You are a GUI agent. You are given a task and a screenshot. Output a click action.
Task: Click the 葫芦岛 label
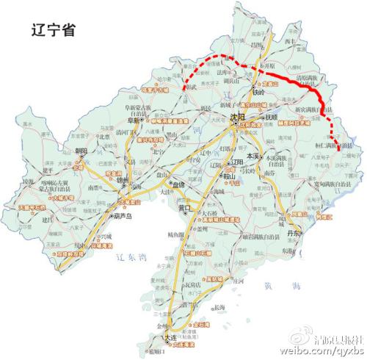click(x=123, y=217)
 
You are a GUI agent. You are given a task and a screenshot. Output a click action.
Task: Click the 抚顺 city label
click(x=273, y=118)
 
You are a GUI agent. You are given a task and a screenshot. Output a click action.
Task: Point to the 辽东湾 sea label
click(x=131, y=257)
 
